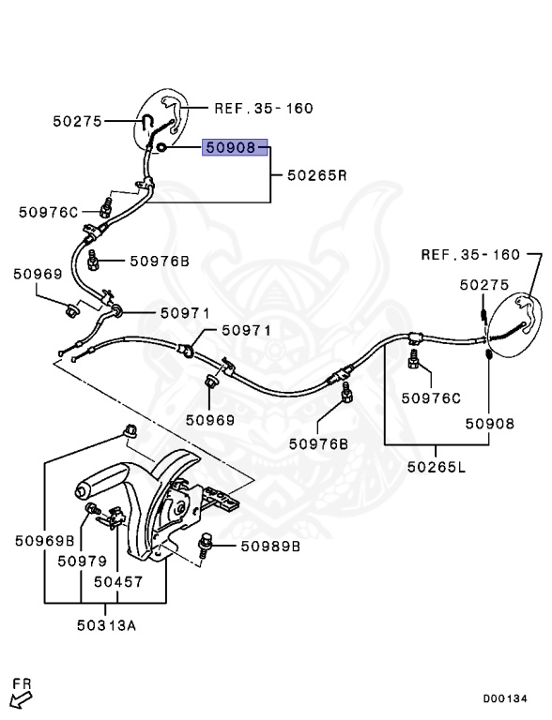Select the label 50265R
(317, 175)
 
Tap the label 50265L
(437, 467)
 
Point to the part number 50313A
(106, 625)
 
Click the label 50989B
(270, 546)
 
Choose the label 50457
(118, 582)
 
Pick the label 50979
(82, 561)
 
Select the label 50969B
(45, 540)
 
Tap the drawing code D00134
(505, 698)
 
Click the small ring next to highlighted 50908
(161, 147)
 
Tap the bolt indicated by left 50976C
(106, 208)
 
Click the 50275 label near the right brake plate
(484, 285)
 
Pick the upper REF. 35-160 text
(264, 109)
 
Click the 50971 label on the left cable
(185, 313)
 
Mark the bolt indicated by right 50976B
(346, 393)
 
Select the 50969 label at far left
(38, 274)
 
